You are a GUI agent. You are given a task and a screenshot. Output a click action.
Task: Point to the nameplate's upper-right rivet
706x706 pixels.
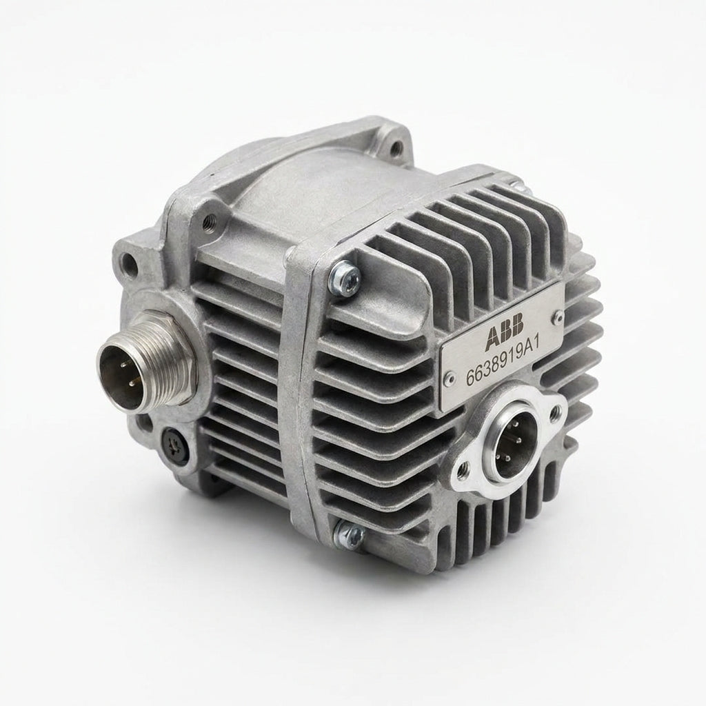coord(558,317)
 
